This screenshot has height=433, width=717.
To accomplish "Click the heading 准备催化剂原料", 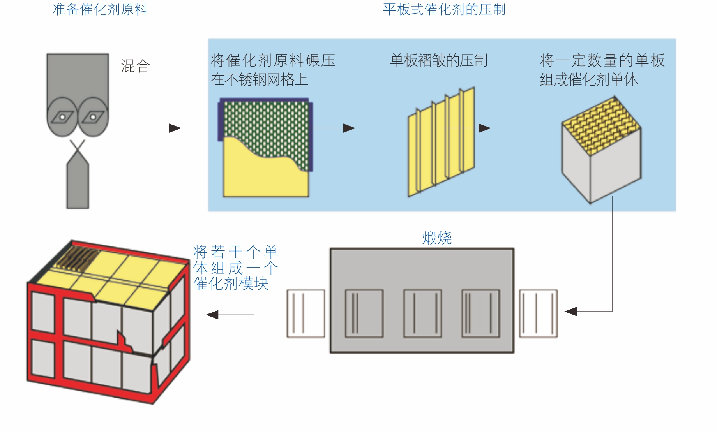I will pyautogui.click(x=100, y=9).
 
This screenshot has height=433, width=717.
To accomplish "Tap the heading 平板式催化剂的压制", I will pyautogui.click(x=444, y=9).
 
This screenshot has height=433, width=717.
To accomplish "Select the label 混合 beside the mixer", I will pyautogui.click(x=135, y=66).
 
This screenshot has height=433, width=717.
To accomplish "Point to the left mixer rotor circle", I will pyautogui.click(x=62, y=116).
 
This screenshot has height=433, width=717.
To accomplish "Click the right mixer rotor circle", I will pyautogui.click(x=93, y=116).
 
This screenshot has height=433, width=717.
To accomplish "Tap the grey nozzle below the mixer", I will pyautogui.click(x=78, y=183).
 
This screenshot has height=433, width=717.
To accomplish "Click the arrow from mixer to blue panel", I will pyautogui.click(x=157, y=128).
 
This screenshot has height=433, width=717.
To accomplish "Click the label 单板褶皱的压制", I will pyautogui.click(x=439, y=60).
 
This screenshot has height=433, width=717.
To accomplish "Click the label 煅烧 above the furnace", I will pyautogui.click(x=437, y=238).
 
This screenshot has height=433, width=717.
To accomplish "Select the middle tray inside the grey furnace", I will pyautogui.click(x=422, y=313).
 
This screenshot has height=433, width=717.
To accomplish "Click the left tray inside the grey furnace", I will pyautogui.click(x=364, y=313).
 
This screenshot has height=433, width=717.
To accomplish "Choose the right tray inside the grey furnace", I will pyautogui.click(x=480, y=313).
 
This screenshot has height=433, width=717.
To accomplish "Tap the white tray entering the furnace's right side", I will pyautogui.click(x=538, y=313).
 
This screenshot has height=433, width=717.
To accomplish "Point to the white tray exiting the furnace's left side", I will pyautogui.click(x=306, y=313).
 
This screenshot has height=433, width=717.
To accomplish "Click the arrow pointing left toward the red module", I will pyautogui.click(x=230, y=315).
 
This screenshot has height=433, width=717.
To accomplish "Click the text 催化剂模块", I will pyautogui.click(x=231, y=283).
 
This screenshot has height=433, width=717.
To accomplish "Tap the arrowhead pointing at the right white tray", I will pyautogui.click(x=571, y=312).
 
